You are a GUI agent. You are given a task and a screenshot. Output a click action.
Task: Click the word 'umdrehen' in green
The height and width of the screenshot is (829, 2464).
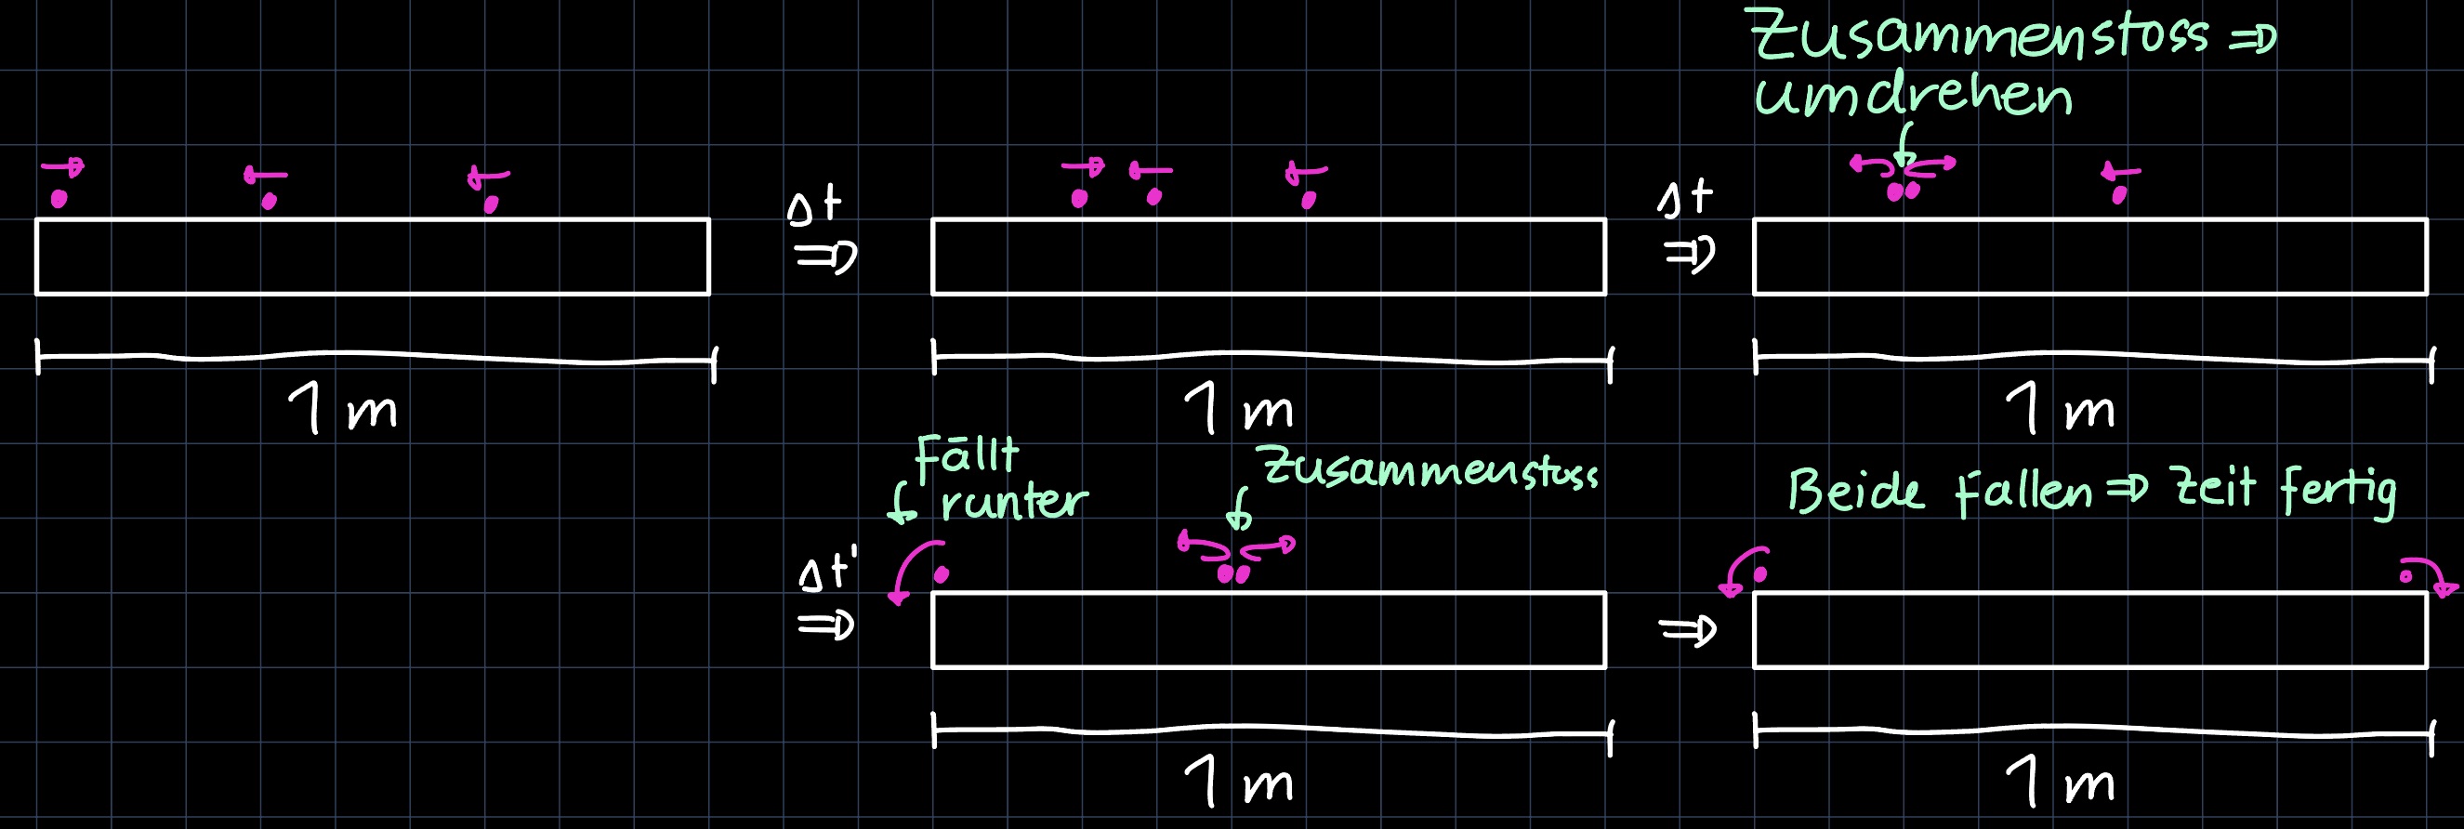click(x=1913, y=96)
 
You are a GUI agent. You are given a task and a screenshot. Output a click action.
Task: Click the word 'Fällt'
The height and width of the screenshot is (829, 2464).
click(x=966, y=456)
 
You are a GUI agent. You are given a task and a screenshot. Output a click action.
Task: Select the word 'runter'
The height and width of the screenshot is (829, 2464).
click(x=1014, y=501)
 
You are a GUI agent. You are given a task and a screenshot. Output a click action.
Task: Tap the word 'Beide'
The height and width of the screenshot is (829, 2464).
click(x=1855, y=492)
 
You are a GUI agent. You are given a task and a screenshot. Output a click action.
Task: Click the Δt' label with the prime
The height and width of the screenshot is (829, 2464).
click(x=827, y=571)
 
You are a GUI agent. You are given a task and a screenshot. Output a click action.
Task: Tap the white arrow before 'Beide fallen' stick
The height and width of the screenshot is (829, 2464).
click(x=1689, y=631)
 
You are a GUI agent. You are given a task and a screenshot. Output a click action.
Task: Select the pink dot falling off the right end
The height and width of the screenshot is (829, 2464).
click(x=2406, y=576)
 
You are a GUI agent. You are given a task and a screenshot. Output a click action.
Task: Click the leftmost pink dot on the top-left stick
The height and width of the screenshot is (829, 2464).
click(x=59, y=199)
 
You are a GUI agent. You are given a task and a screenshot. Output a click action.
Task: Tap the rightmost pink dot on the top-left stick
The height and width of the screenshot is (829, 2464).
click(x=491, y=204)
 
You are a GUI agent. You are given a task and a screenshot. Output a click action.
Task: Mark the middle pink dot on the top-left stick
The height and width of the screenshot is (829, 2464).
click(x=269, y=201)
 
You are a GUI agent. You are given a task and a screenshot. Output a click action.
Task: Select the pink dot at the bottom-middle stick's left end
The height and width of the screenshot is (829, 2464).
click(x=942, y=574)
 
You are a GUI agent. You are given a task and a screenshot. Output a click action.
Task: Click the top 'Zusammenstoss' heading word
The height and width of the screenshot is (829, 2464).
click(x=1980, y=36)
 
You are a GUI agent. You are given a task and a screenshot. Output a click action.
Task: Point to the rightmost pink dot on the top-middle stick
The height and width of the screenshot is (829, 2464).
click(x=1309, y=200)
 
